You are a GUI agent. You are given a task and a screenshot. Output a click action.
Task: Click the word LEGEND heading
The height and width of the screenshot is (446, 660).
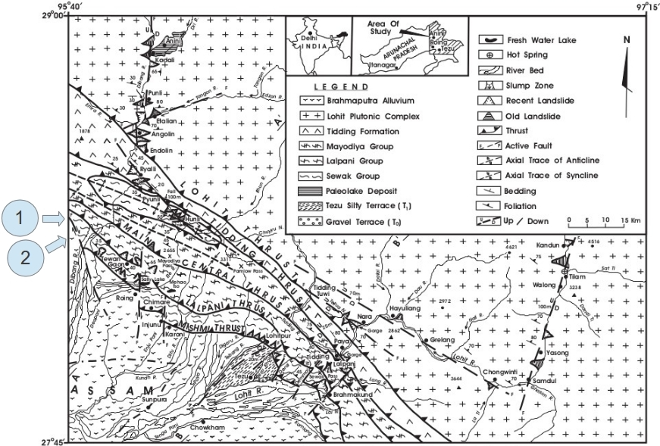click(x=341, y=86)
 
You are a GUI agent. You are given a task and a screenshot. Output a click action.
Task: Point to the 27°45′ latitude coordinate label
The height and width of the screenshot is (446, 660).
click(x=52, y=441)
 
